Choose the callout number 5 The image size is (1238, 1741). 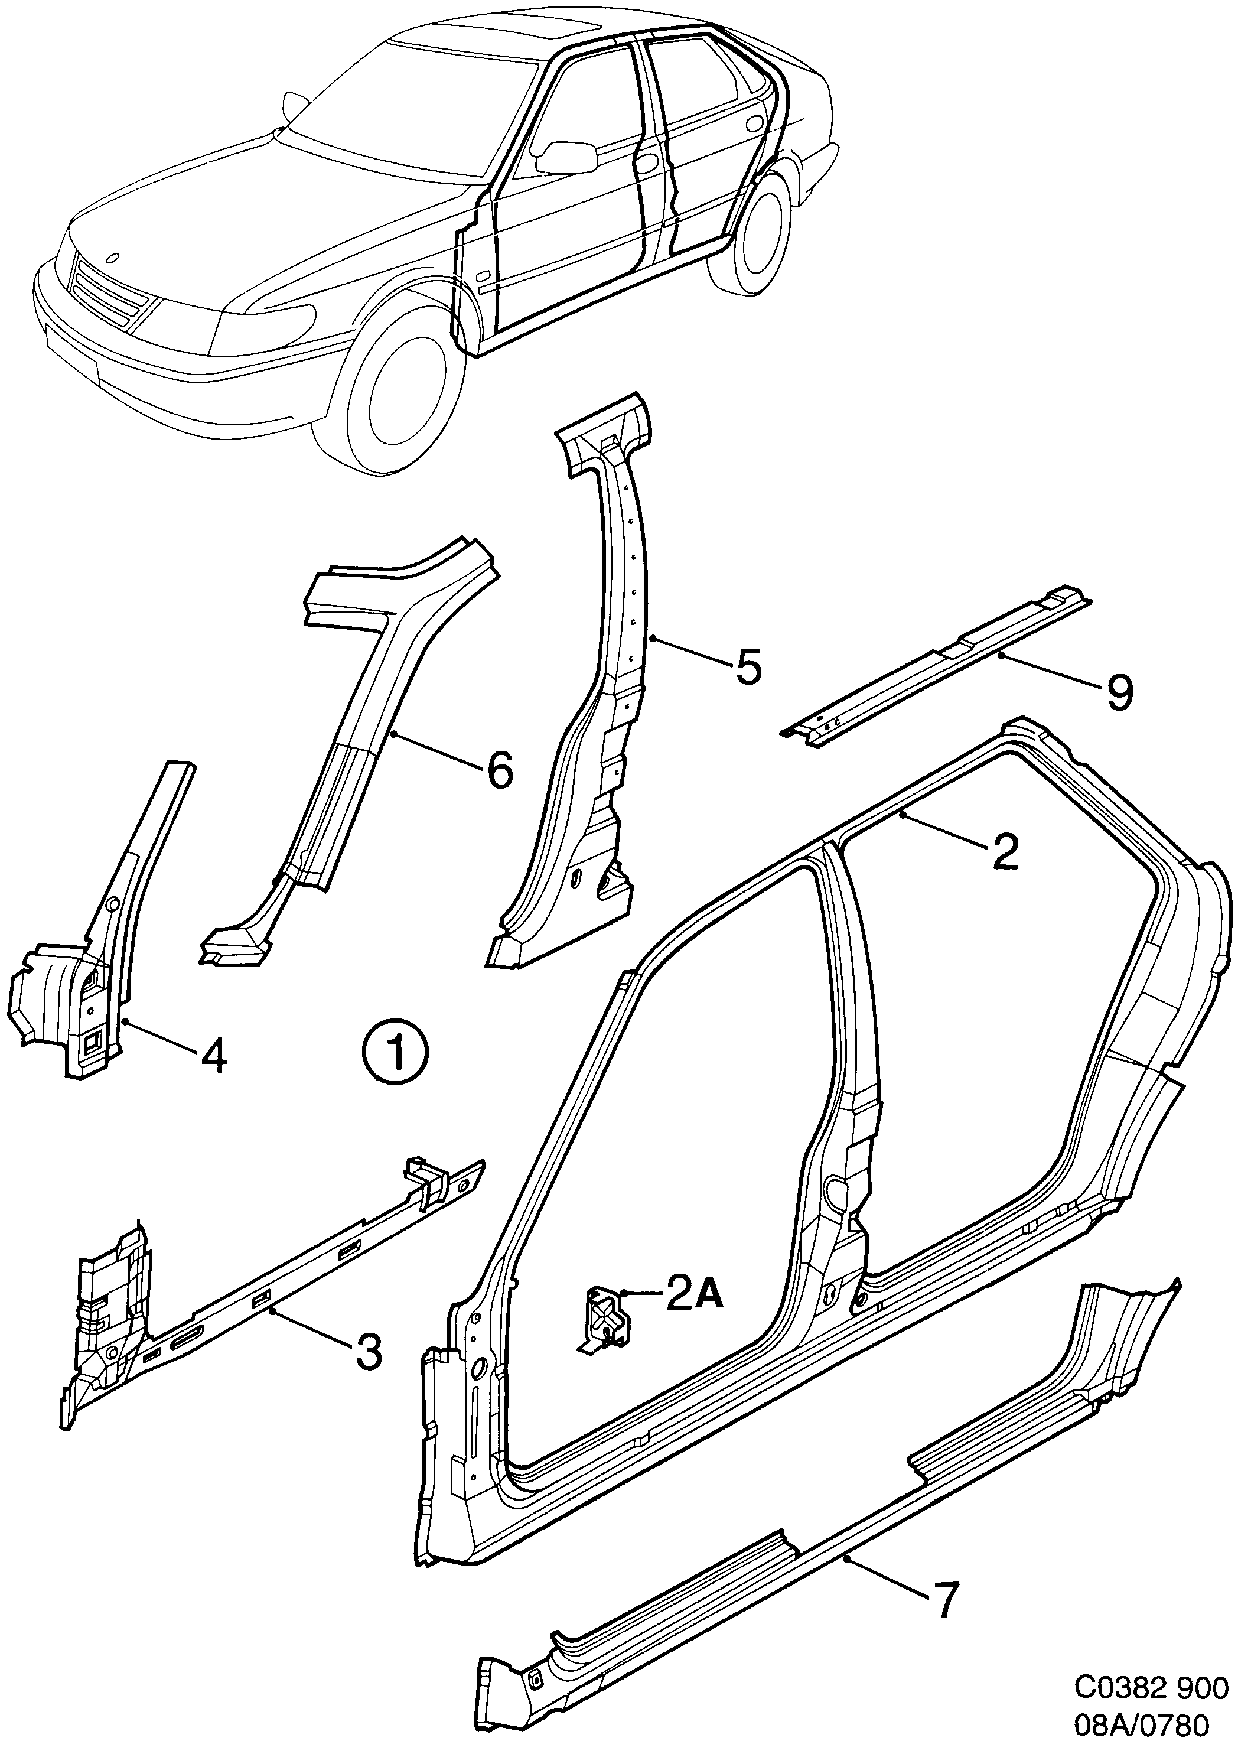748,667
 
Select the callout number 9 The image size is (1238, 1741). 1118,692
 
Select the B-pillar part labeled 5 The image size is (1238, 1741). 602,686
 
